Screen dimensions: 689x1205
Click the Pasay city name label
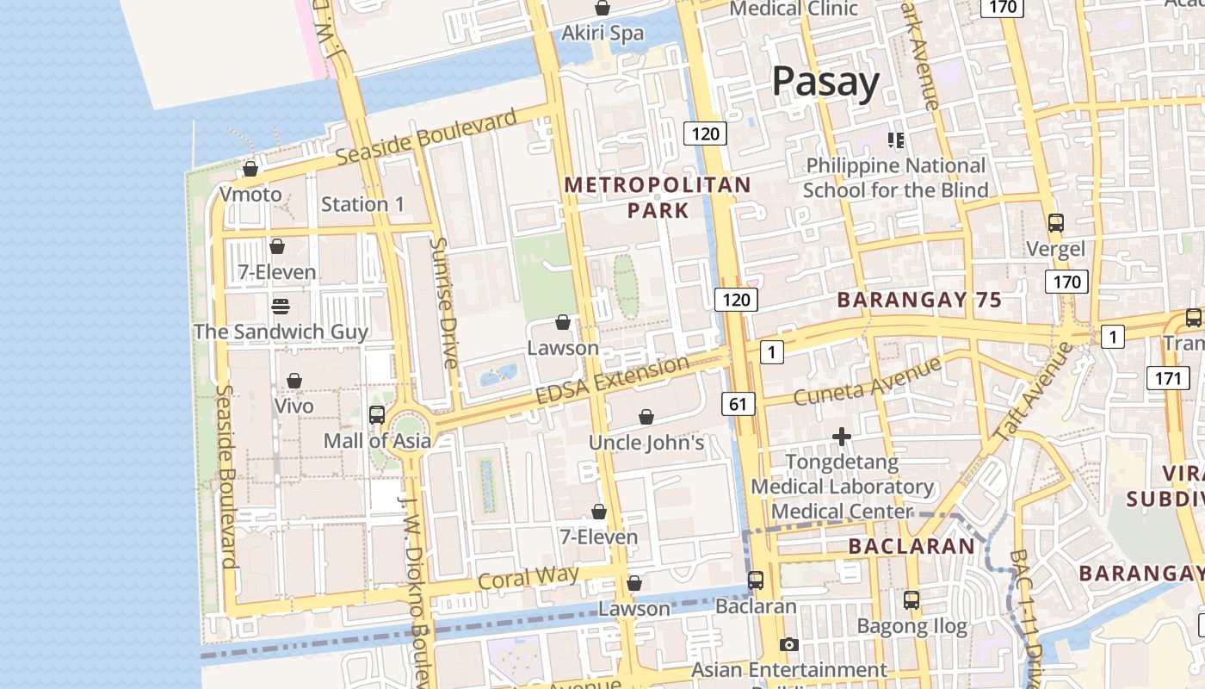[825, 82]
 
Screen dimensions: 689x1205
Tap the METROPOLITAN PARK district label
[658, 197]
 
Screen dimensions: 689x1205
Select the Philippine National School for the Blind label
[895, 177]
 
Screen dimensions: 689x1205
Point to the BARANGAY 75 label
[919, 300]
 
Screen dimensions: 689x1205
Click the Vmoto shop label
[250, 195]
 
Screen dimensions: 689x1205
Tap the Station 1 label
[362, 204]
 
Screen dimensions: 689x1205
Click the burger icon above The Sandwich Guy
[281, 307]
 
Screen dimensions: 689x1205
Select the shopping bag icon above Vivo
[294, 381]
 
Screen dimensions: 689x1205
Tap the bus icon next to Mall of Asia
[377, 415]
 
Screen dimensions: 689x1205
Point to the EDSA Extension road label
[612, 380]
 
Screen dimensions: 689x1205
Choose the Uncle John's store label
[646, 443]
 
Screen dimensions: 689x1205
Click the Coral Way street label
[528, 577]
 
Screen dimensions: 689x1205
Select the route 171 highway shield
[1167, 377]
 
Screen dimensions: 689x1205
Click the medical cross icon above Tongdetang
[842, 438]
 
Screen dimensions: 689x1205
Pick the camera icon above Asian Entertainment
[788, 644]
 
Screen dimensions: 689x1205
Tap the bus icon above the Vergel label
[1056, 223]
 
